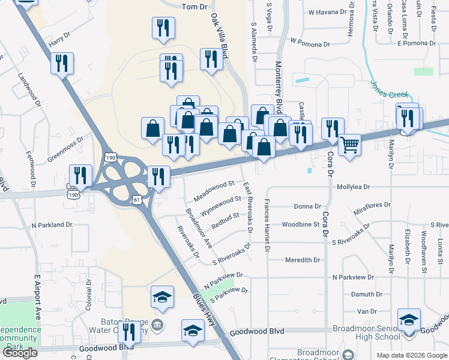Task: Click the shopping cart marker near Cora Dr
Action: [x=349, y=143]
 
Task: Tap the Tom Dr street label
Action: [x=194, y=6]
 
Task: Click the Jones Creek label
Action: [x=389, y=90]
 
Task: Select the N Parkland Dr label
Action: [x=52, y=225]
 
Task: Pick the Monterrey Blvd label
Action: [x=279, y=88]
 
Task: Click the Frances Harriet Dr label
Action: [x=267, y=226]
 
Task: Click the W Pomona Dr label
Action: [x=310, y=42]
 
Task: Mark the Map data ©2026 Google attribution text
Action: [x=411, y=355]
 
